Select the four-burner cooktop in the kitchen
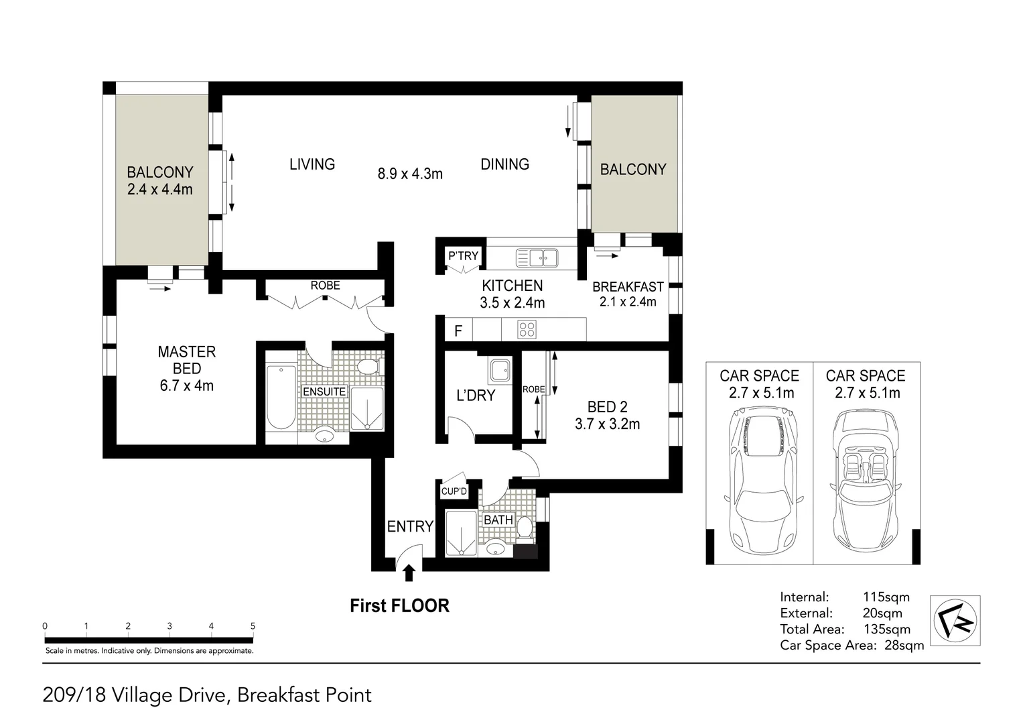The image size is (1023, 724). pyautogui.click(x=527, y=329)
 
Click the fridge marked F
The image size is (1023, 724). pyautogui.click(x=458, y=330)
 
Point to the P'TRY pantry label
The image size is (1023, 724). pyautogui.click(x=463, y=255)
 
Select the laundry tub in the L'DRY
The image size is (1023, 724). pyautogui.click(x=499, y=370)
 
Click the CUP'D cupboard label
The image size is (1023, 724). pyautogui.click(x=454, y=491)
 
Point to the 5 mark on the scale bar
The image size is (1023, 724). pyautogui.click(x=253, y=626)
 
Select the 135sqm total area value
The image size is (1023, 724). pyautogui.click(x=886, y=629)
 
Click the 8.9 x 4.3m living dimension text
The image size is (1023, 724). pyautogui.click(x=410, y=174)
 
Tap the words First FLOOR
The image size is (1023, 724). pyautogui.click(x=399, y=606)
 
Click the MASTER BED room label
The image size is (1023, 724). pyautogui.click(x=186, y=360)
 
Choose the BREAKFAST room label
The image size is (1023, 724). pyautogui.click(x=628, y=287)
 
